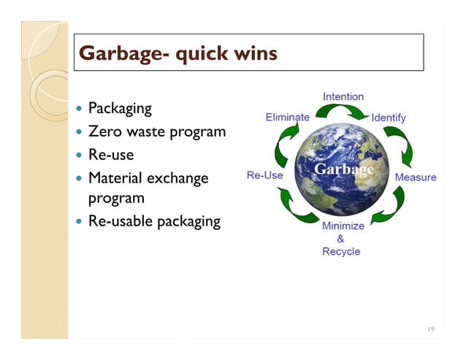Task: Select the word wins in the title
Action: tap(252, 53)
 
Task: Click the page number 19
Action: tap(430, 329)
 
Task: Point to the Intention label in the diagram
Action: tap(343, 96)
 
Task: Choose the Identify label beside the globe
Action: tap(389, 117)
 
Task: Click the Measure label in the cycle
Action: tap(416, 177)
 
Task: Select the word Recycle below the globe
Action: tap(341, 251)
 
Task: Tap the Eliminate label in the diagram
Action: tap(287, 117)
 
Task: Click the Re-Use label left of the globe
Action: tap(265, 176)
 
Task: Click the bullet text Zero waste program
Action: tap(156, 132)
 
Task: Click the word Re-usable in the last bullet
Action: tap(121, 221)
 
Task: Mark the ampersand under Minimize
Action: tap(340, 239)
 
